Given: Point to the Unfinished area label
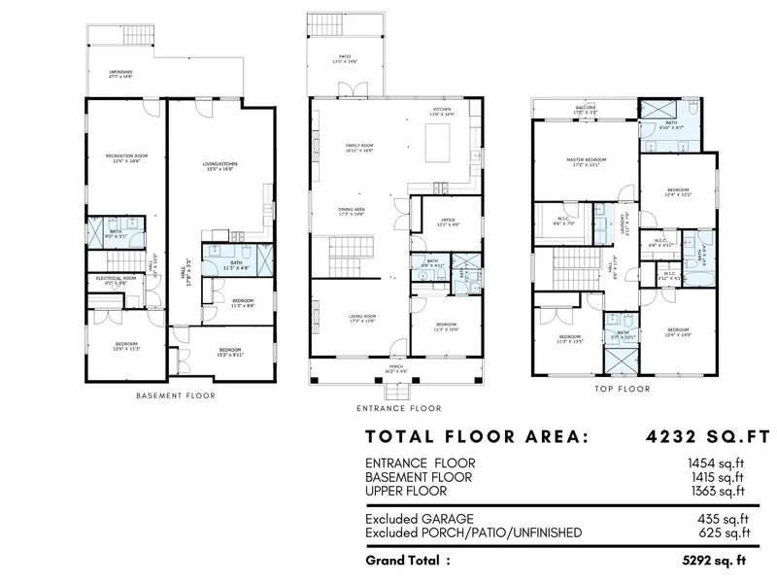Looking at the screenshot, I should [121, 74].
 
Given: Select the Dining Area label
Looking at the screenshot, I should [352, 212].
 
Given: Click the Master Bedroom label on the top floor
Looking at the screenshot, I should [587, 161].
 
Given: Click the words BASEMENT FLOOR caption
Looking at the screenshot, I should [176, 395].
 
